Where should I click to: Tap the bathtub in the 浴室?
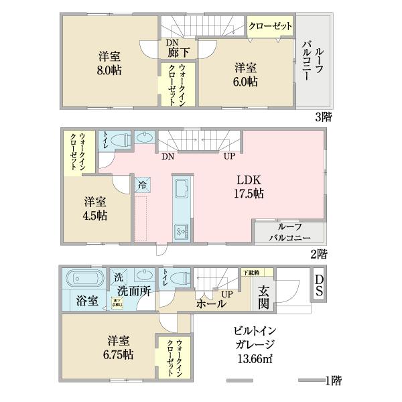84,278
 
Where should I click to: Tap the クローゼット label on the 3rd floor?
270,26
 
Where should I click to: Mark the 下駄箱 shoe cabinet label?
251,272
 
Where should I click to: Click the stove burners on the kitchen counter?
181,230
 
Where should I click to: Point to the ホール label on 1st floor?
210,304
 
